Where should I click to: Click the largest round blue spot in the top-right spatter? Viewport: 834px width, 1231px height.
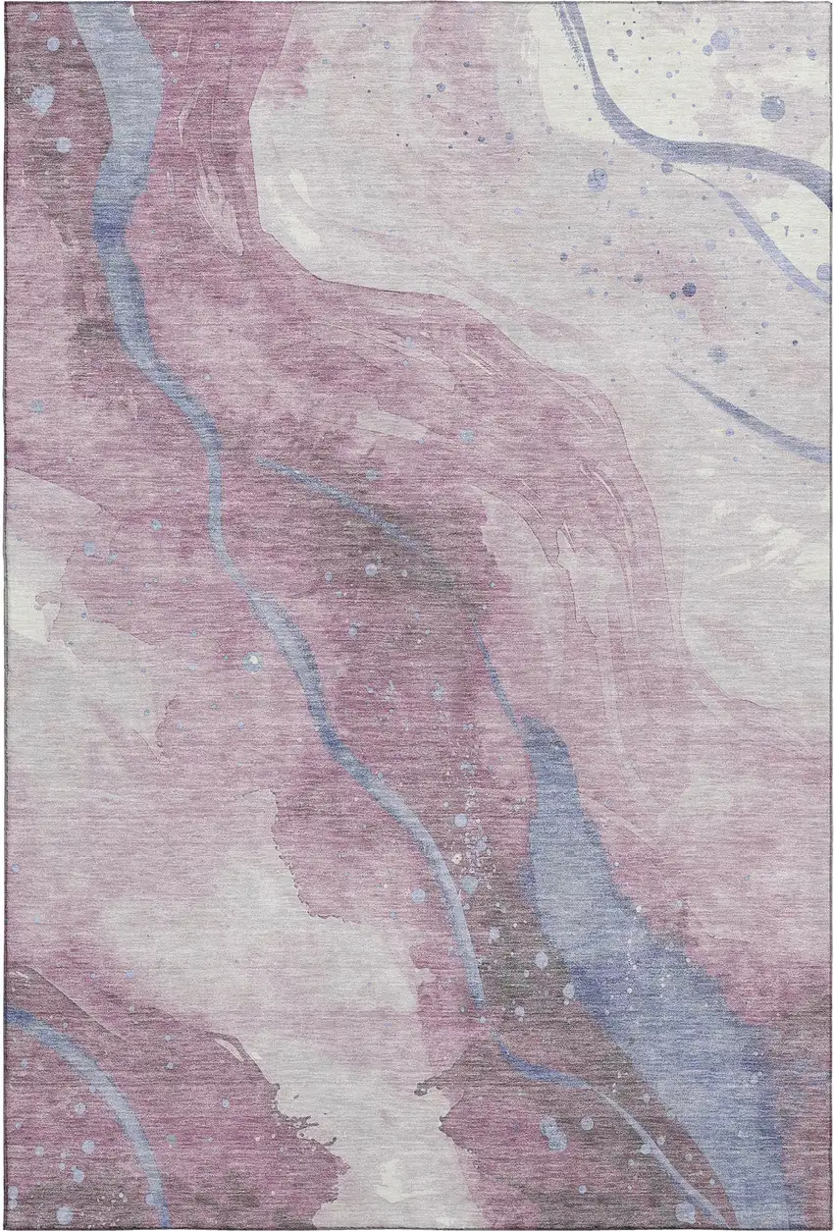[772, 107]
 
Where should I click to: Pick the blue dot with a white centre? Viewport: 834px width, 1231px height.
[596, 179]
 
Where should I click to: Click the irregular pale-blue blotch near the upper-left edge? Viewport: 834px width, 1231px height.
[41, 96]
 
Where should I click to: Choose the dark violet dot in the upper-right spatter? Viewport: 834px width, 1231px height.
[688, 290]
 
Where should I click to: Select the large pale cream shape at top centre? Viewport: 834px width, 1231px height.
[412, 147]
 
